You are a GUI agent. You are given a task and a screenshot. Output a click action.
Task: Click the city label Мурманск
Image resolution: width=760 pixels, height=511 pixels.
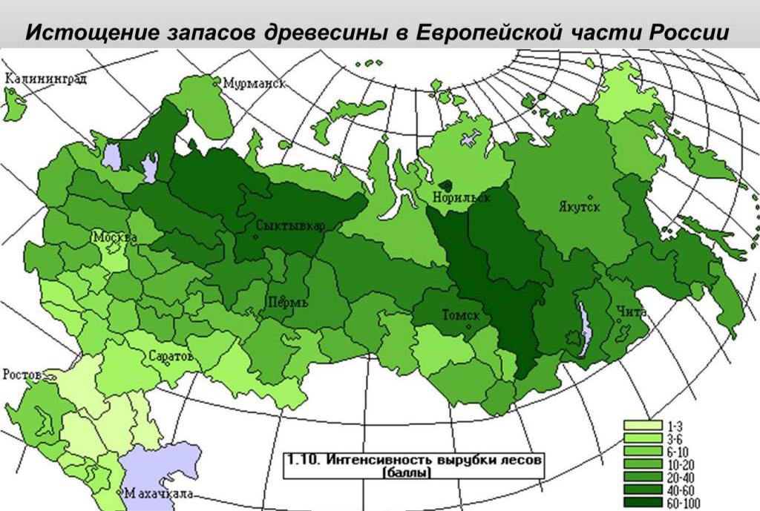[256, 84]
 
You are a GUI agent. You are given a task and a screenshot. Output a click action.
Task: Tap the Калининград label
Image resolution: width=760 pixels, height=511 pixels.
[46, 79]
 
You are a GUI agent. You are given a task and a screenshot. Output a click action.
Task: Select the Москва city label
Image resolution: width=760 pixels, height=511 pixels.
[114, 237]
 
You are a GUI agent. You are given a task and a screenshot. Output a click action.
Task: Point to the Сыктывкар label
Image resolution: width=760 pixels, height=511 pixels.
[289, 226]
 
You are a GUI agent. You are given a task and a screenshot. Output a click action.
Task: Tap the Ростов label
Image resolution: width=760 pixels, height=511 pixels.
[23, 374]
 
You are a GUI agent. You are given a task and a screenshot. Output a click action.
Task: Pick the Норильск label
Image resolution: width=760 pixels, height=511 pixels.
[465, 198]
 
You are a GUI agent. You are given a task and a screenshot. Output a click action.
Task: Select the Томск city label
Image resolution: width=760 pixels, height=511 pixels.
[460, 315]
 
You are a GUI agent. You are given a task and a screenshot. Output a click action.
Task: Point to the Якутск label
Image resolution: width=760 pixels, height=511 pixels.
[579, 206]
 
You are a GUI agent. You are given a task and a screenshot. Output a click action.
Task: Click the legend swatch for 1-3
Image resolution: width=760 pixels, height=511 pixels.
[642, 426]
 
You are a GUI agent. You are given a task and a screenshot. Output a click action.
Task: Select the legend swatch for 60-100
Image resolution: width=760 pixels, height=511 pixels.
[642, 503]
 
